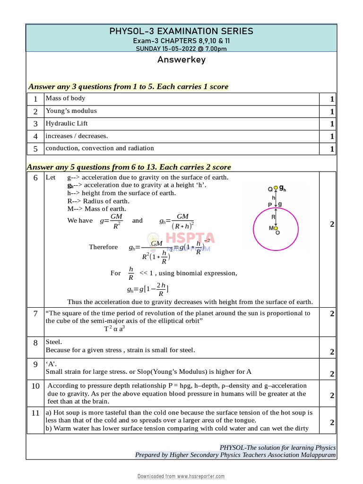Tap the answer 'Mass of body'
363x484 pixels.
pos(65,98)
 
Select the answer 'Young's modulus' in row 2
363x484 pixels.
pos(71,111)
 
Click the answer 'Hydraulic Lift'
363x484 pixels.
pos(67,123)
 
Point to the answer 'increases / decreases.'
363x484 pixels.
pos(77,136)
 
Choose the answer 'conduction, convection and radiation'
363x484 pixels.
pos(99,148)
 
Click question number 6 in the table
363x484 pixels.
pos(35,178)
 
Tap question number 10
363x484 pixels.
pos(35,386)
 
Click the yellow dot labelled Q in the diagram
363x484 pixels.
pos(276,188)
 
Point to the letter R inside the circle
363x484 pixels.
pos(273,217)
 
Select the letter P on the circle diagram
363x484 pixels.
pos(270,205)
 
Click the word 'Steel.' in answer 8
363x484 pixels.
pos(54,342)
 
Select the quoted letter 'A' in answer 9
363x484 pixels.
pos(50,364)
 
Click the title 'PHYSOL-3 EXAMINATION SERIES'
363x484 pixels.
pos(181,31)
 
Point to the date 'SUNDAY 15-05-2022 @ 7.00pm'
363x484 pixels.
pos(181,48)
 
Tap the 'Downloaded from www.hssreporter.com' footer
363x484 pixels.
pos(181,476)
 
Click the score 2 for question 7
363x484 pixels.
pos(332,313)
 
